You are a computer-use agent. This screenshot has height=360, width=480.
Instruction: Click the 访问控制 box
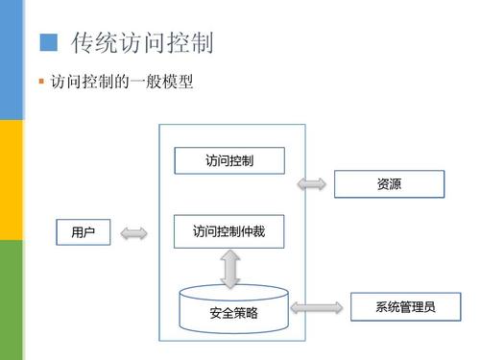229,159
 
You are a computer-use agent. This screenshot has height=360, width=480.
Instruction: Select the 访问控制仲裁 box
229,231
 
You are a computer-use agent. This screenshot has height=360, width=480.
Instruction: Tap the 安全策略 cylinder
233,309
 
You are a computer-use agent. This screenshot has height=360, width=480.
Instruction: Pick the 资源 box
389,183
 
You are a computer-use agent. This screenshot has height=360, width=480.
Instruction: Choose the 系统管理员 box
406,307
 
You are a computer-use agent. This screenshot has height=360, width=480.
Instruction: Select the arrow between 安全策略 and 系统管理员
316,307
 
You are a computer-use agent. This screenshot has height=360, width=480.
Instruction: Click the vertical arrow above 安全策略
229,269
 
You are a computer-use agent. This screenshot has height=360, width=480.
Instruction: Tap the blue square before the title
48,42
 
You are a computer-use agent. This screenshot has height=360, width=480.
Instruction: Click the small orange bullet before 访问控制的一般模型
41,84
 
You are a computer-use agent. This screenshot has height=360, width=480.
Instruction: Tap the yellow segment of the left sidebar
11,180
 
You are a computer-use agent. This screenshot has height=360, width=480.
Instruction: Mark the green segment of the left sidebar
11,300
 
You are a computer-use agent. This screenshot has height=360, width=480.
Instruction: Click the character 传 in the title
85,43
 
